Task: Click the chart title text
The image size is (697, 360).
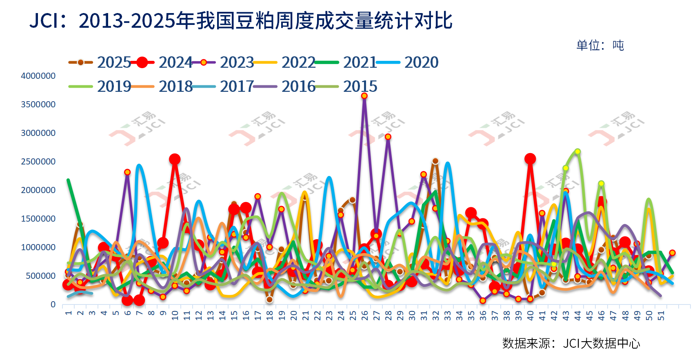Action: point(241,20)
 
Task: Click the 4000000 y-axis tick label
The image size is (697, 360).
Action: point(38,76)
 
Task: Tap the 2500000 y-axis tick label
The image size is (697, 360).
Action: point(38,162)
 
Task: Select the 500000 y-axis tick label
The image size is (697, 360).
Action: point(40,276)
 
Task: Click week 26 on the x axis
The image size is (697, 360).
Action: point(364,315)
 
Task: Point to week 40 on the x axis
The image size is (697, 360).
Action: point(530,315)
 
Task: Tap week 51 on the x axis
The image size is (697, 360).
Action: point(661,315)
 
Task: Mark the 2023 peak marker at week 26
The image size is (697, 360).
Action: point(364,96)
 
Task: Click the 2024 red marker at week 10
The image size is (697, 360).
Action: point(175,159)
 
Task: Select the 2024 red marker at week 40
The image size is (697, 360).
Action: point(530,159)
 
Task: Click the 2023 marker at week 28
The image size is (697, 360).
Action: point(388,137)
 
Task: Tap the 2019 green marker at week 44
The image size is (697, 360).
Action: point(577,151)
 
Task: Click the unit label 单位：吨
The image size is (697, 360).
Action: point(600,45)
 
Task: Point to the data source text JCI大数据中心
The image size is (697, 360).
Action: point(602,343)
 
